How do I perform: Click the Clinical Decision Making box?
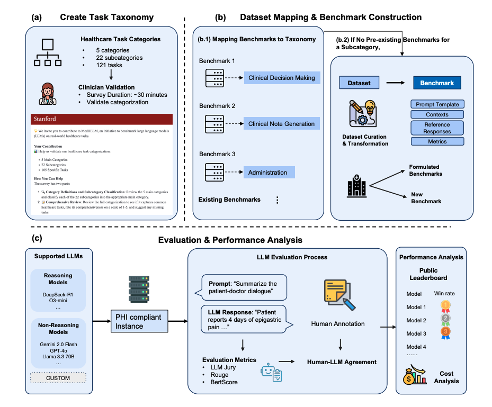pos(281,78)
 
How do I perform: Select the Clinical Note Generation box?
pos(281,124)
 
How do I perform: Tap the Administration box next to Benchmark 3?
pos(268,172)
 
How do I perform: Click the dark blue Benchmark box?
pos(437,83)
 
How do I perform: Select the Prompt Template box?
pos(437,104)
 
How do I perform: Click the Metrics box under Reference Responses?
pos(437,141)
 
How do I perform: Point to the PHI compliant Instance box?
pos(139,321)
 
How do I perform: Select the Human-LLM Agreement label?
pos(342,362)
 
